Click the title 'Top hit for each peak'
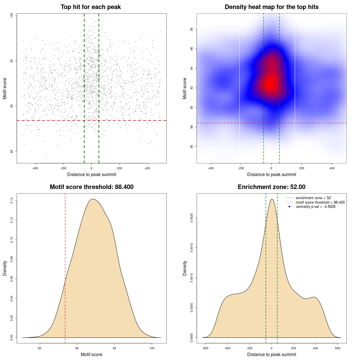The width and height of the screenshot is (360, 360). tap(91, 7)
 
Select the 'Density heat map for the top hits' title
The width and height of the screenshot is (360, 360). tap(271, 7)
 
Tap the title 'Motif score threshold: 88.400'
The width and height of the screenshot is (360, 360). tap(91, 187)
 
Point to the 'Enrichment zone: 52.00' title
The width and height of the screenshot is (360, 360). tap(271, 187)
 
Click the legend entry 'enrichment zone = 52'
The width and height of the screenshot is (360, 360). tap(313, 198)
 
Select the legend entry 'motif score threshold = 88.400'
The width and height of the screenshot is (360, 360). tap(320, 202)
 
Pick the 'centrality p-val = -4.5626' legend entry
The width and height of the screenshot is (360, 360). tap(316, 207)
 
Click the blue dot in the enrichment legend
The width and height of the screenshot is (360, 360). tap(289, 207)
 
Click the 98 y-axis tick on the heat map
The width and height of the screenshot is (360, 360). tap(192, 29)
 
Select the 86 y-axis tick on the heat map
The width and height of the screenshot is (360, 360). tap(192, 147)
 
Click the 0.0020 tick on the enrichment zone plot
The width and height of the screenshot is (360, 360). tap(192, 218)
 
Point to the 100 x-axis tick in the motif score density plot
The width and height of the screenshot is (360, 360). tap(152, 348)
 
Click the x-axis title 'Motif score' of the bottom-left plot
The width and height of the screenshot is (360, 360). tap(91, 354)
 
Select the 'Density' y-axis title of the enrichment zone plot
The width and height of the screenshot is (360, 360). tap(185, 268)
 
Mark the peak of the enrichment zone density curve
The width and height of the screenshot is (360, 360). tap(272, 199)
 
